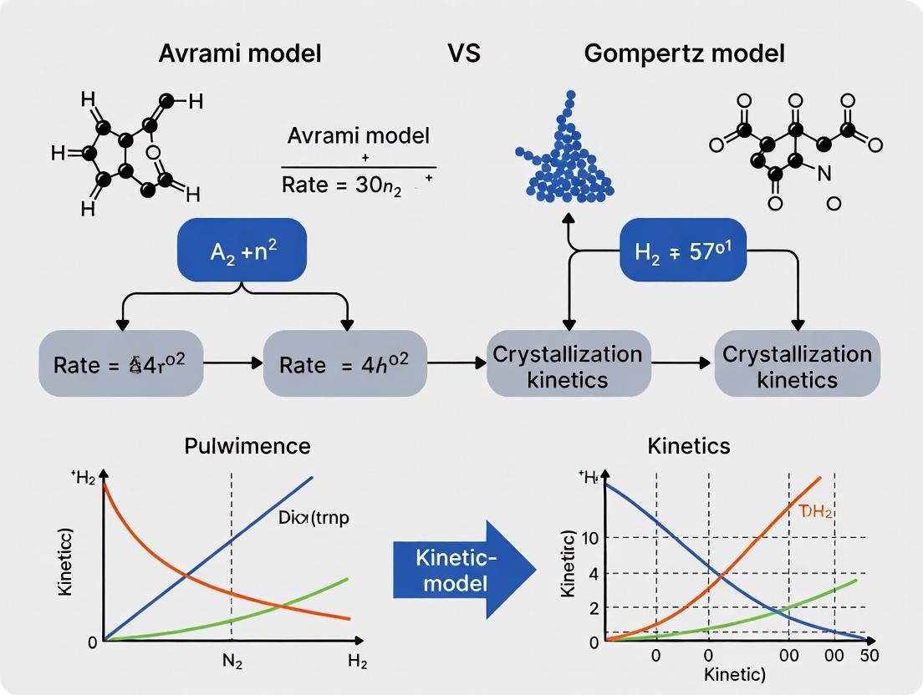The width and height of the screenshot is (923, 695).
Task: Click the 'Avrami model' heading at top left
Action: tap(241, 54)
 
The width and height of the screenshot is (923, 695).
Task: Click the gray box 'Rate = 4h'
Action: tap(344, 364)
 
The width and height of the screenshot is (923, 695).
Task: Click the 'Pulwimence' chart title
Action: tap(247, 445)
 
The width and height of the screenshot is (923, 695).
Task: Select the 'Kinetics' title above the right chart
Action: tap(688, 445)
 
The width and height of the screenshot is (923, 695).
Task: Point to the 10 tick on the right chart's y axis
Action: tap(590, 537)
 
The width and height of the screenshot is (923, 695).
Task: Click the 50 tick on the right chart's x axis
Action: tap(869, 655)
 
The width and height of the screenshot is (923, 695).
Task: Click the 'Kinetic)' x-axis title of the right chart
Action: tap(735, 675)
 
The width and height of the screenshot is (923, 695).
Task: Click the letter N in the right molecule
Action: tap(824, 174)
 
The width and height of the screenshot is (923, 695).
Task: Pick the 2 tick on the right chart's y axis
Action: tap(594, 608)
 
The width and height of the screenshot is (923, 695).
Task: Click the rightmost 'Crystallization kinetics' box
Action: tap(797, 365)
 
